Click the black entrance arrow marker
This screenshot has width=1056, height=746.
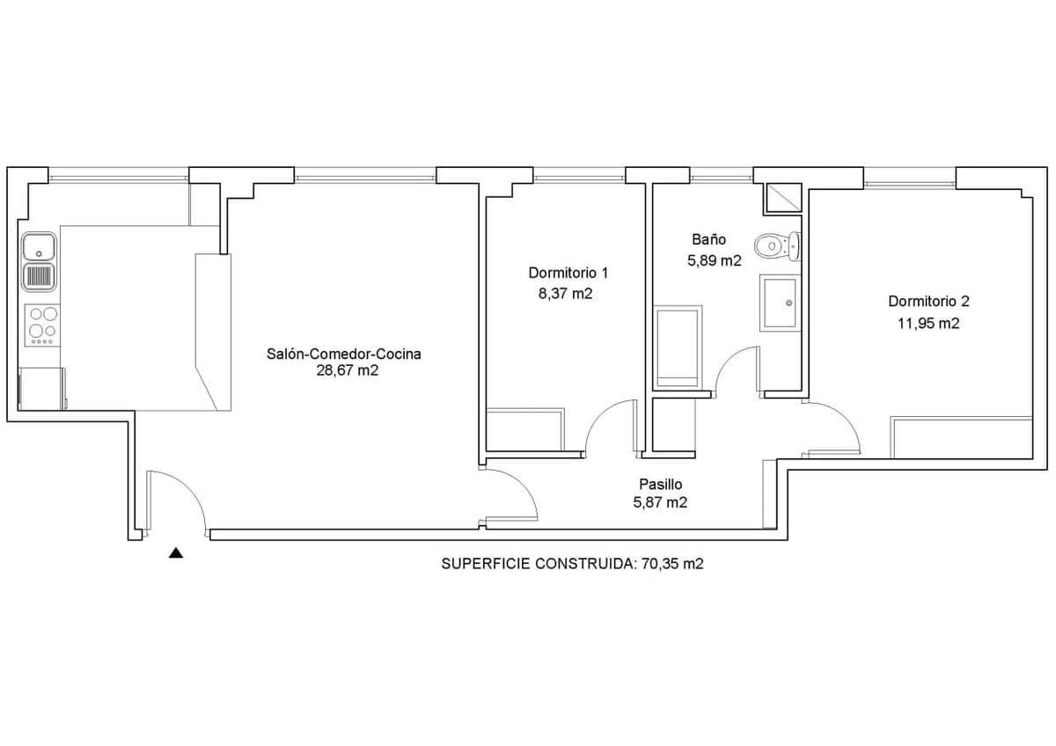(176, 552)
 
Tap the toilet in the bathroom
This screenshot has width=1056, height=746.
(777, 246)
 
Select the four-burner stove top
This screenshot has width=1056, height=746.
(42, 325)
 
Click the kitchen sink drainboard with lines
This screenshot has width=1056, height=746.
(39, 277)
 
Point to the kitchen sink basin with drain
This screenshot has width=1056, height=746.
(39, 247)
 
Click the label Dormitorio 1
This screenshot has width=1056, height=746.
(568, 273)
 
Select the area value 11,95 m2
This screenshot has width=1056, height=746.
(928, 324)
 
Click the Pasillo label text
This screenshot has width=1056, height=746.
(661, 484)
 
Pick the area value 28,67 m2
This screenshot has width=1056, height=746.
(348, 370)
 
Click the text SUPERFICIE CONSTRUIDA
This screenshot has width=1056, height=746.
(539, 564)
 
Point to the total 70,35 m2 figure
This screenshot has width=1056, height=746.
(672, 564)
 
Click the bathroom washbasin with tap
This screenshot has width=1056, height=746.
(781, 303)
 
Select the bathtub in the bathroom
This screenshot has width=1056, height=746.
(678, 347)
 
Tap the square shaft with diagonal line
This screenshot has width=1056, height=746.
(782, 198)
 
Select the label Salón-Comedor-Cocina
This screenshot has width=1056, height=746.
(344, 354)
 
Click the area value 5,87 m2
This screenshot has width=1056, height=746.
(661, 502)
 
